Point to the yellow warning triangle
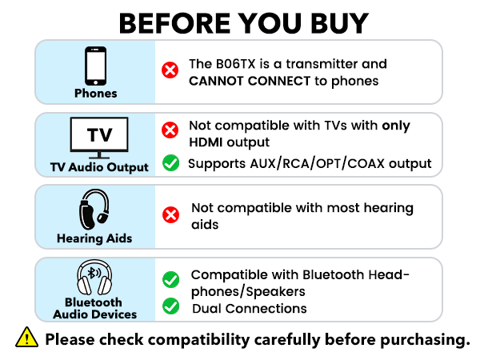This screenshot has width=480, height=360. pos(27,338)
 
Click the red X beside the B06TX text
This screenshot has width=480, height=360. pos(170,71)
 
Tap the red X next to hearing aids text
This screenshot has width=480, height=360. pos(170,215)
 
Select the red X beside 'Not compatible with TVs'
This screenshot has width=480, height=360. pos(170,130)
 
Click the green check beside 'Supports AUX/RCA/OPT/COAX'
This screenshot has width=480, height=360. pos(170,164)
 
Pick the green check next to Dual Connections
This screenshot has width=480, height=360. pos(170,306)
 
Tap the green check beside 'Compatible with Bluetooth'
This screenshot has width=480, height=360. pos(170,280)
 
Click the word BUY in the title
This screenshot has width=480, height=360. pos(334,22)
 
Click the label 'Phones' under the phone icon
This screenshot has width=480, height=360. pos(95,93)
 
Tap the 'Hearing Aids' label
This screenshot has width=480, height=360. pos(95,238)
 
